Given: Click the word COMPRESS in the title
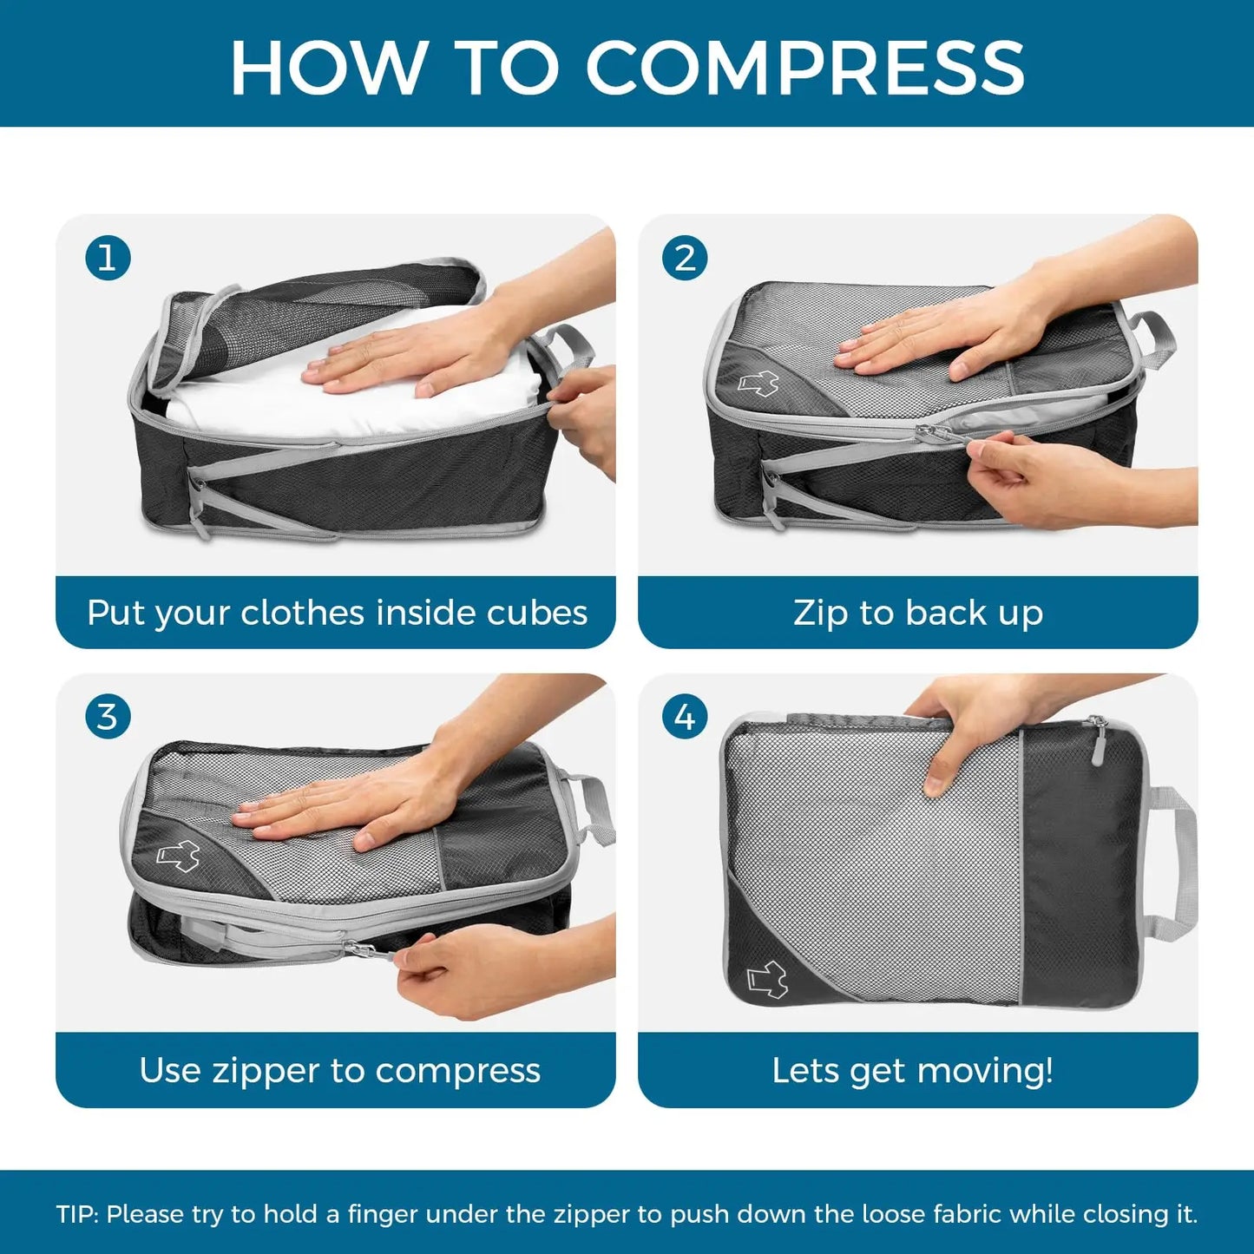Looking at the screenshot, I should [x=805, y=68].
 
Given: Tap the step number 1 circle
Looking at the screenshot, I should [x=108, y=258].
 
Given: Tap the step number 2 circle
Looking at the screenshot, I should [x=685, y=258].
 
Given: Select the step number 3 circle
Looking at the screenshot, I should [x=108, y=717].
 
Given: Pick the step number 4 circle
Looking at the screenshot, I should [x=685, y=717].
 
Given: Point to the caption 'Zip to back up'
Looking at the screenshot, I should [x=918, y=613].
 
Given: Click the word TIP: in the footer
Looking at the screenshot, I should [x=78, y=1214].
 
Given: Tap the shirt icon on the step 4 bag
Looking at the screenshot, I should [x=767, y=979].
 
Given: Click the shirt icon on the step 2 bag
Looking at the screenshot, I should [x=758, y=383].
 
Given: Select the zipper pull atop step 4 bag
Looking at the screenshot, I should [x=1099, y=743].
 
